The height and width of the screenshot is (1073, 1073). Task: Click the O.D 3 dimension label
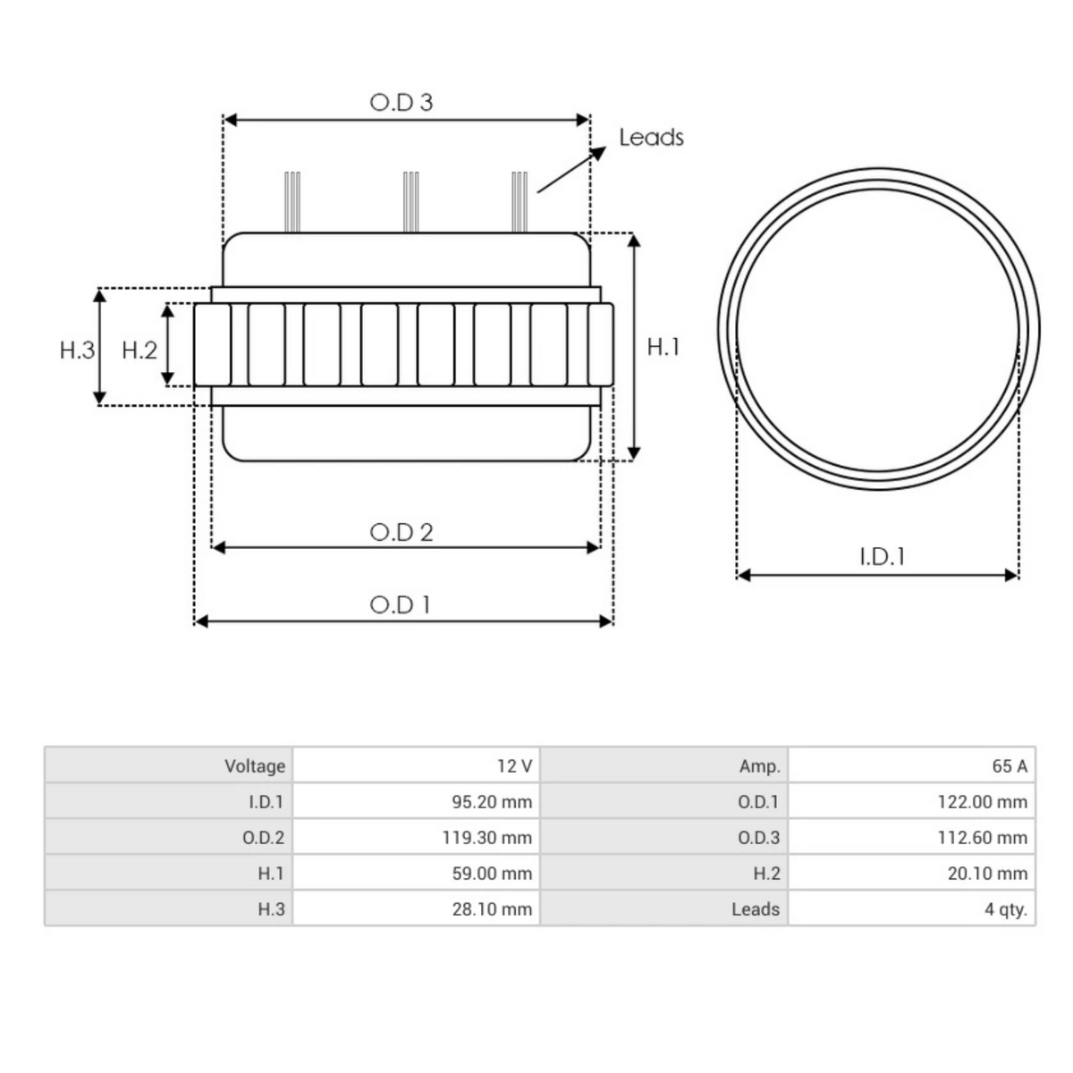coord(401,103)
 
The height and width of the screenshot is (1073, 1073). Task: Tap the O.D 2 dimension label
coord(401,533)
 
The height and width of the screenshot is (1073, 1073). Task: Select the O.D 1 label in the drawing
coord(401,605)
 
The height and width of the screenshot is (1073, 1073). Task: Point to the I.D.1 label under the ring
coord(882,557)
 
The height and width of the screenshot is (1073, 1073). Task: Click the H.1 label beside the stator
coord(663,347)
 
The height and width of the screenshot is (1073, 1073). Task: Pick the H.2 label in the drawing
coord(139,351)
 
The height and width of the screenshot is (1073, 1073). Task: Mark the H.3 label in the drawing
coord(77,351)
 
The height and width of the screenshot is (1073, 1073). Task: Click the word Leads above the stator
coord(651,138)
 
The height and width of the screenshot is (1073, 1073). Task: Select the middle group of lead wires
coord(410,201)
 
